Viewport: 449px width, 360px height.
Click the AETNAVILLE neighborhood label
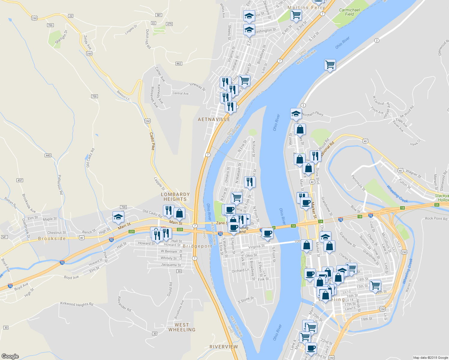click(x=214, y=119)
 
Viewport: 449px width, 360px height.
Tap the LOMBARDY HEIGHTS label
click(x=175, y=197)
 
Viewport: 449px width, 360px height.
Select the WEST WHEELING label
click(x=182, y=327)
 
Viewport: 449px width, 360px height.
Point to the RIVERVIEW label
click(x=224, y=347)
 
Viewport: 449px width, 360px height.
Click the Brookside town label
click(x=52, y=239)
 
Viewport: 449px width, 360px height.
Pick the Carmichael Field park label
click(x=349, y=12)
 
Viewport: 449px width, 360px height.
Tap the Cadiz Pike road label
click(x=152, y=141)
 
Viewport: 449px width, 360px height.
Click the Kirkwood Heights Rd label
click(x=77, y=304)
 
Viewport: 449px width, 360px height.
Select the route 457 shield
click(x=20, y=180)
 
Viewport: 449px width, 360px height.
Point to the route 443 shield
click(x=48, y=155)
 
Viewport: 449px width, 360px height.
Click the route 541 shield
click(x=4, y=237)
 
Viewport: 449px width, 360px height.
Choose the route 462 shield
click(x=179, y=64)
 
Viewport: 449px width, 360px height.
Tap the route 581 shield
click(x=159, y=15)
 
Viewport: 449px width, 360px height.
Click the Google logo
click(x=10, y=356)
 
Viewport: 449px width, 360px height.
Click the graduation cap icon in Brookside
click(x=118, y=217)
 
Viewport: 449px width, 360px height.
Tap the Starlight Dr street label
click(x=61, y=37)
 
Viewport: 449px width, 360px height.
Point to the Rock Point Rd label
click(x=436, y=218)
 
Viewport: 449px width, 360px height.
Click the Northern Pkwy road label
click(x=313, y=114)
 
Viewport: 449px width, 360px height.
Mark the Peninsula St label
click(x=358, y=183)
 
